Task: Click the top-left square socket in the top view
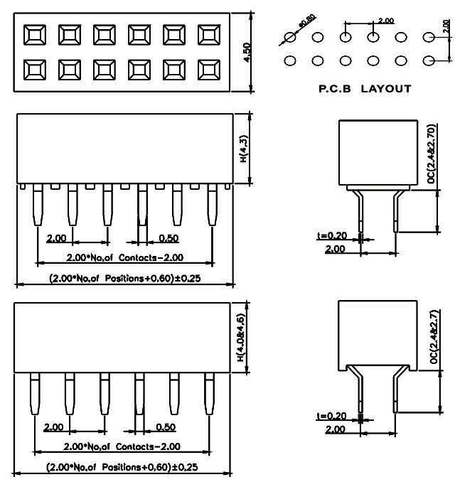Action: click(35, 35)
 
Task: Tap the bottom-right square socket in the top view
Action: click(210, 69)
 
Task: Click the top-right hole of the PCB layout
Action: click(429, 37)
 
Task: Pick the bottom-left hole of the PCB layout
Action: click(290, 61)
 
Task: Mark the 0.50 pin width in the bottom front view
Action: click(166, 427)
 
